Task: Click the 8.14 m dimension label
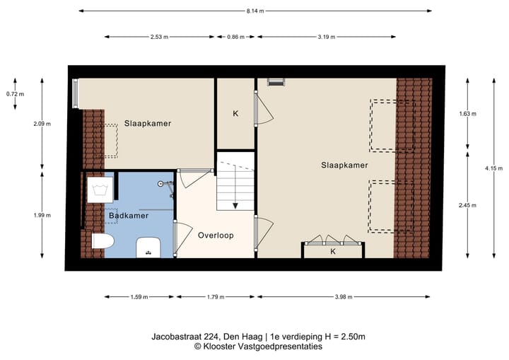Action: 255,11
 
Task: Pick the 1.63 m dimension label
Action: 467,113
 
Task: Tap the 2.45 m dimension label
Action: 467,204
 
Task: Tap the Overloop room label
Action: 216,236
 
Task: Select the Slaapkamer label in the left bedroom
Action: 148,123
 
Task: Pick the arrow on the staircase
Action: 235,204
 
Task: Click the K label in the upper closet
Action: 235,113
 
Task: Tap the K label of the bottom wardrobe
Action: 333,251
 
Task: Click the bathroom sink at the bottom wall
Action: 148,247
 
